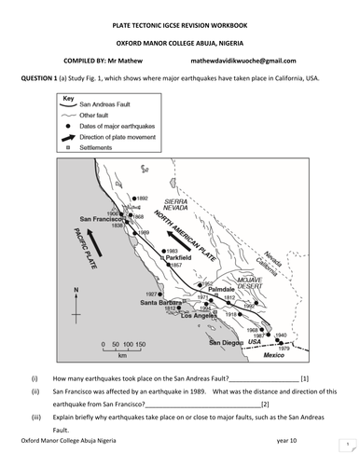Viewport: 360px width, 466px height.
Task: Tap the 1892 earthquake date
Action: click(142, 199)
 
